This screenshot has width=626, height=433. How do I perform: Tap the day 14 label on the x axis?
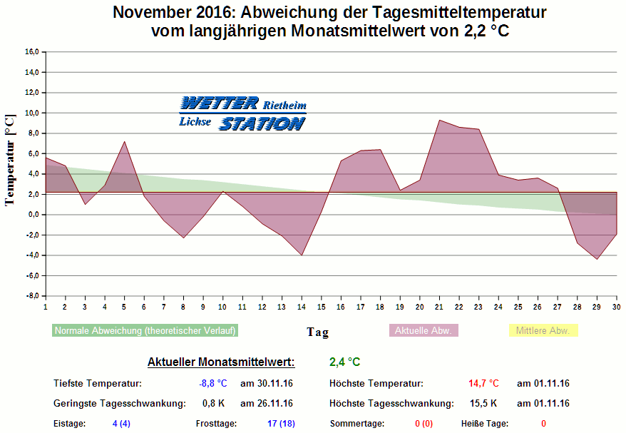point(301,307)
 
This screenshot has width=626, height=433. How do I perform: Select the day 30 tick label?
point(616,307)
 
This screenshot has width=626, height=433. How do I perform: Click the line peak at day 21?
point(439,120)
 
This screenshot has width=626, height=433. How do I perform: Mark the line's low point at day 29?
point(597,259)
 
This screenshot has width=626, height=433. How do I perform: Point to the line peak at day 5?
point(125,141)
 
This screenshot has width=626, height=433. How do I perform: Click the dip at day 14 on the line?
point(302,255)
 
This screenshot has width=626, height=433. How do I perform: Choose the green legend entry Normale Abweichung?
point(145,331)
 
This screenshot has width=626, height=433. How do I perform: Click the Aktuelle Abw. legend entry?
point(423,331)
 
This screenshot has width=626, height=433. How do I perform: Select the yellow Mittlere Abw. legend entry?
point(543,331)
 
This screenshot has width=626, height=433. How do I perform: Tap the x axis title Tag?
point(318,332)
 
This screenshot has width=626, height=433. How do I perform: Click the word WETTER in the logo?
point(220,103)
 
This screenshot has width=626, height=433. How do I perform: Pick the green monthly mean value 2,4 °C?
point(344,362)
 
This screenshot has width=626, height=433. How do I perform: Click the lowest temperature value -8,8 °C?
point(212,384)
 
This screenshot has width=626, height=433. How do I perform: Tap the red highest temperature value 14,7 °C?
point(483,384)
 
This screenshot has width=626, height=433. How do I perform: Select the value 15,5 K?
point(483,404)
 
